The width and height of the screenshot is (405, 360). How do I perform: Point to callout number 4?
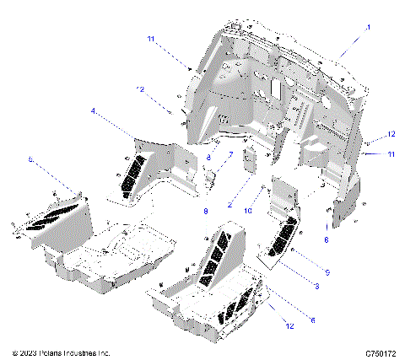[93, 110]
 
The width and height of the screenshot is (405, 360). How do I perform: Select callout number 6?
[289, 319]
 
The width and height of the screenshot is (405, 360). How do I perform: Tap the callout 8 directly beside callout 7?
[209, 158]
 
